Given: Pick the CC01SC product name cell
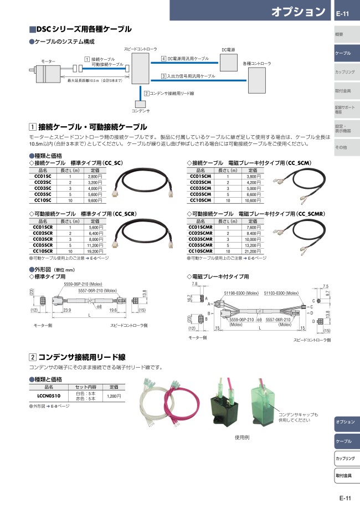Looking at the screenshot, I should [x=43, y=177].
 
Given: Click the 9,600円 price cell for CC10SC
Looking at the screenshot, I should [x=95, y=200].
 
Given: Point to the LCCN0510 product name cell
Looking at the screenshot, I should [x=49, y=397].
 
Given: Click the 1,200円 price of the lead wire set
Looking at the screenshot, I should [x=114, y=397].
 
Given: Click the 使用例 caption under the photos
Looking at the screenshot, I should [x=242, y=437].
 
